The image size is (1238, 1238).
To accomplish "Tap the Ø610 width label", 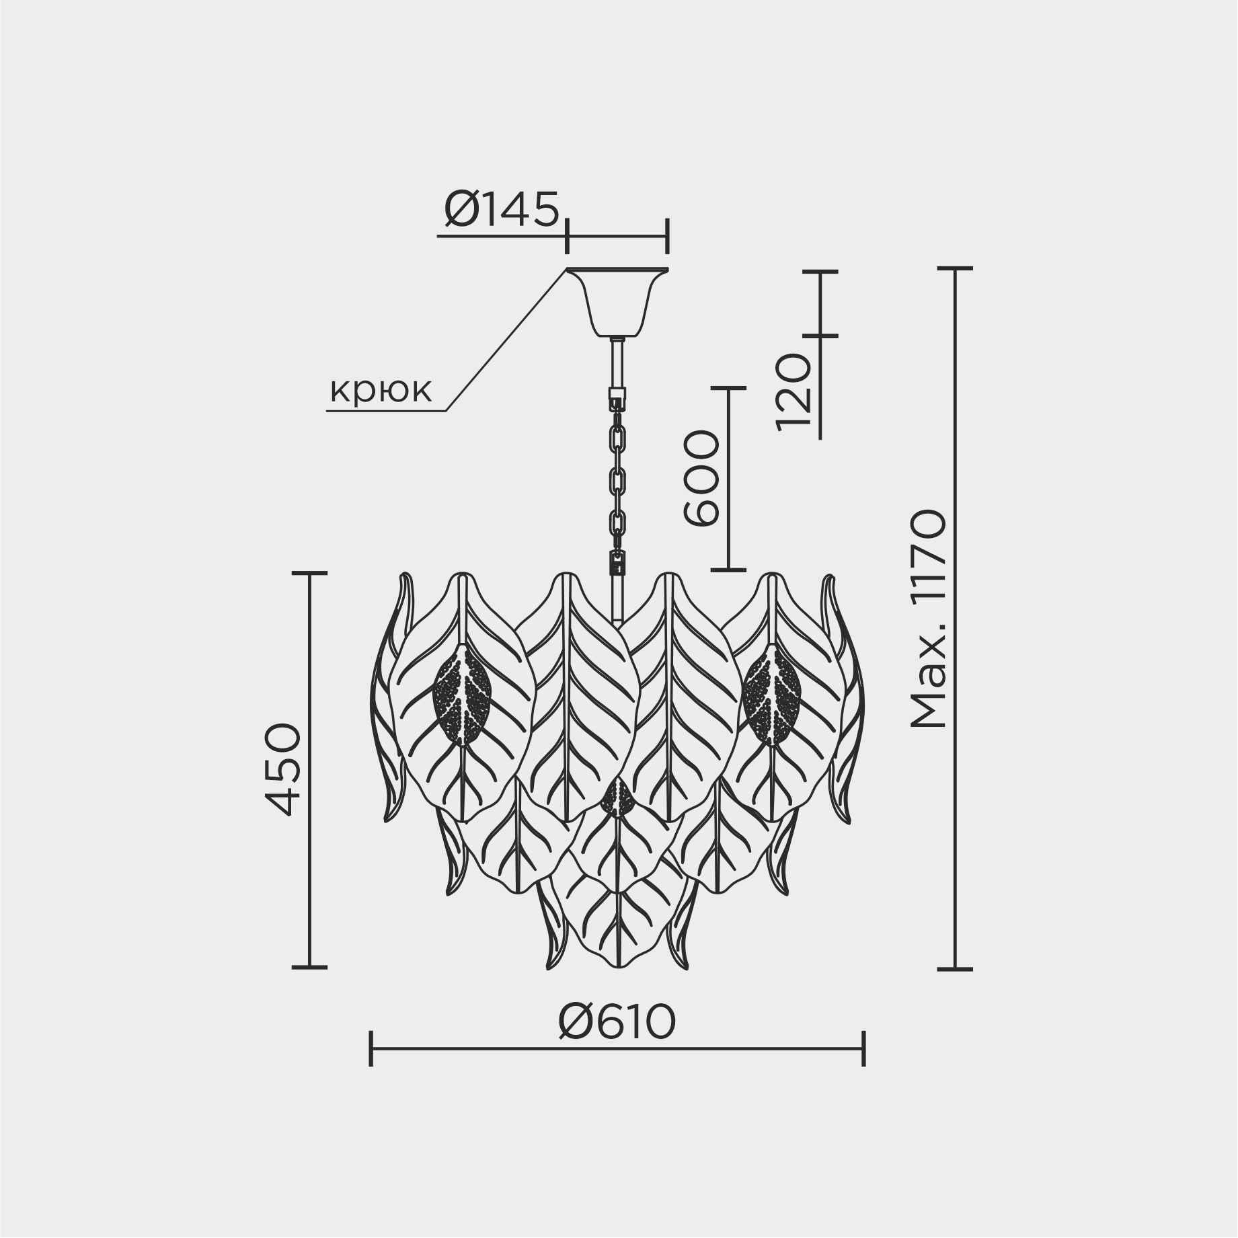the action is (x=617, y=1023).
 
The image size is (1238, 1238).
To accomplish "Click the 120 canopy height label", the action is (x=794, y=391).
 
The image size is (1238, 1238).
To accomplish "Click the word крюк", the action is (x=380, y=390).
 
